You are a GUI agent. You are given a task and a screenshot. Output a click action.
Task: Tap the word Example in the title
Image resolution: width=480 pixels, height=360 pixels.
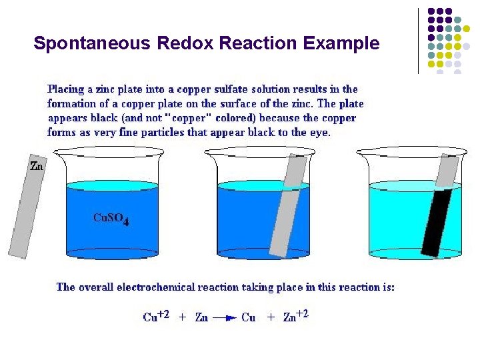click(x=341, y=44)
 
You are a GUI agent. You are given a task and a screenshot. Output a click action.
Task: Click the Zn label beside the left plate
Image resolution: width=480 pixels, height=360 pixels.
click(x=37, y=166)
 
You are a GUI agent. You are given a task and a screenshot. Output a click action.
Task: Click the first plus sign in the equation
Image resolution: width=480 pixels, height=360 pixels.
click(x=183, y=318)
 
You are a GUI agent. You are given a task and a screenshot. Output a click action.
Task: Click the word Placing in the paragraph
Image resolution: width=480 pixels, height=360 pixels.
click(x=66, y=89)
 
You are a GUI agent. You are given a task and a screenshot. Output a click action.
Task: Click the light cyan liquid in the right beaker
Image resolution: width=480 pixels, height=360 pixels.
click(x=400, y=220)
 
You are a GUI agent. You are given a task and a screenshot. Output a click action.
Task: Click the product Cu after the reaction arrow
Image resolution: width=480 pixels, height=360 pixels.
click(x=249, y=318)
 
